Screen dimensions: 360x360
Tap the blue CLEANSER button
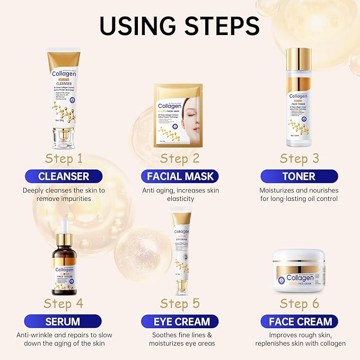click(x=64, y=176)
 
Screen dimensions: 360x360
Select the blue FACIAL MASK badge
click(x=180, y=176)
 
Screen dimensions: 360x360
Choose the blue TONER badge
click(x=299, y=176)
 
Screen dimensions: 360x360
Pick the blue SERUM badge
click(x=64, y=321)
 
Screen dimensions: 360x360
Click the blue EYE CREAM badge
click(x=180, y=321)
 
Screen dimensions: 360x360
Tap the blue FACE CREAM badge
click(x=300, y=321)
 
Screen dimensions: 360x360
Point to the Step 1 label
click(x=64, y=159)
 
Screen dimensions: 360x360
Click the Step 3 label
click(x=300, y=159)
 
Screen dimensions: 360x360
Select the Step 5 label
click(x=180, y=304)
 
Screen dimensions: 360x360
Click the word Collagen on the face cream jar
click(x=300, y=277)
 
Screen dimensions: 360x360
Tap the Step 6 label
click(x=300, y=304)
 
